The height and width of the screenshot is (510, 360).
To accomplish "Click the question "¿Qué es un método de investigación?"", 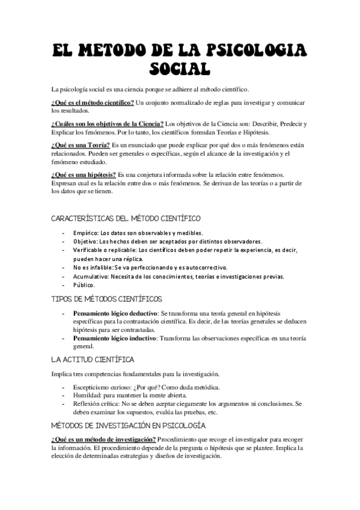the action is (103, 439).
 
